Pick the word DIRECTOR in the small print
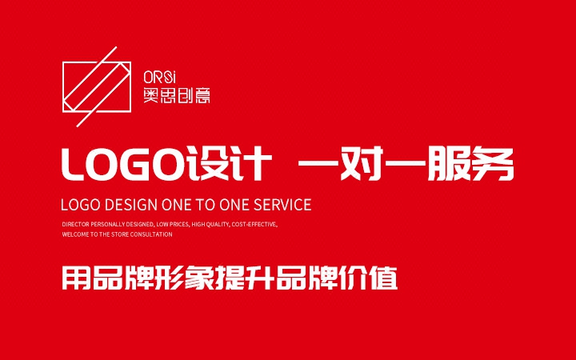(75, 225)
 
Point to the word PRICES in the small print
(177, 225)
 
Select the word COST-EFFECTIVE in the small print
(254, 225)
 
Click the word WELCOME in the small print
(74, 235)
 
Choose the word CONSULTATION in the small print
(151, 235)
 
